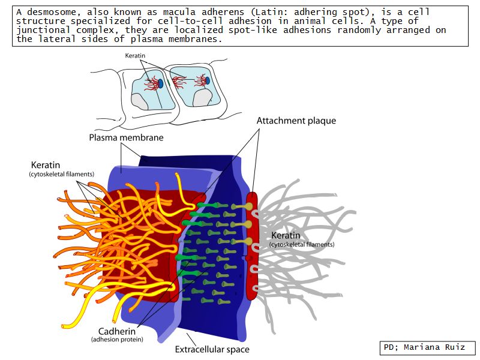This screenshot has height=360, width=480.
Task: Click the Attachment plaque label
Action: (296, 121)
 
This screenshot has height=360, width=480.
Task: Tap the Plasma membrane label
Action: (126, 137)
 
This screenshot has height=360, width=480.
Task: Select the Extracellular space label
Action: (212, 349)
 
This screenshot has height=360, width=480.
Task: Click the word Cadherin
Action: (117, 331)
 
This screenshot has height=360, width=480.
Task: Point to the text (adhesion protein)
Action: (117, 340)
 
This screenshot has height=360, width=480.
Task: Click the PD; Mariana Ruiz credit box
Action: (428, 347)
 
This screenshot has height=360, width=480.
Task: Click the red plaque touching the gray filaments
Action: (252, 246)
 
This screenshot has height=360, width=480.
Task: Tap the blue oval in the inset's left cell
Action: (143, 84)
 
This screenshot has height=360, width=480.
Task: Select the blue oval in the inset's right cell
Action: (207, 80)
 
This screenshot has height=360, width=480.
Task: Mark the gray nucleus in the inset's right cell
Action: (202, 98)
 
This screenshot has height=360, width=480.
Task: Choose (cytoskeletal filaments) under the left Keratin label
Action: (62, 174)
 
